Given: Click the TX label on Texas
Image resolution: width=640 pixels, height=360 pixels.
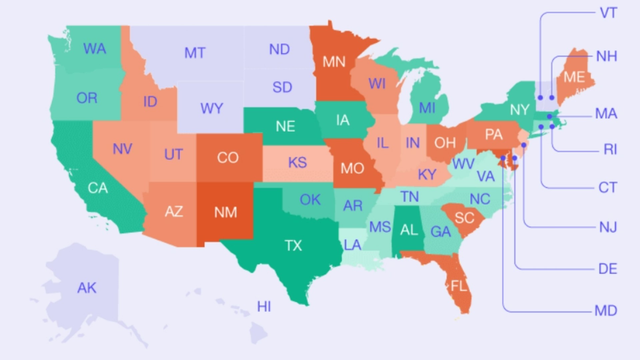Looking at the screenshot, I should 293,246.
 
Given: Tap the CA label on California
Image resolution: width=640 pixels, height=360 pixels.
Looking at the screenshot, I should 98,188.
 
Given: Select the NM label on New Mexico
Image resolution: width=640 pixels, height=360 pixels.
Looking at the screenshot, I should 226,212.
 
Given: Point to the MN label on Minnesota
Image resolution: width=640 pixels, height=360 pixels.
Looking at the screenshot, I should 334,62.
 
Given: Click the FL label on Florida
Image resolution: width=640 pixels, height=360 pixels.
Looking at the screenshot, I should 459,286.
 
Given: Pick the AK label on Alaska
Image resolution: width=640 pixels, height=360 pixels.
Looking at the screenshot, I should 87,288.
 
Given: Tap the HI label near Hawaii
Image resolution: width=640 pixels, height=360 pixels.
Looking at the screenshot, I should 264,306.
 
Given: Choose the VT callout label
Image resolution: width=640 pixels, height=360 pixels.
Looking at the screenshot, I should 608,13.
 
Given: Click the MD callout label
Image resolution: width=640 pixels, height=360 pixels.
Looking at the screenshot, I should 606,311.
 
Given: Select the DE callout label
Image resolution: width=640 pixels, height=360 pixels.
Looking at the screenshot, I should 608,269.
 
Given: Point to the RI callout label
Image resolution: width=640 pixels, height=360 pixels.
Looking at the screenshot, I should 610,150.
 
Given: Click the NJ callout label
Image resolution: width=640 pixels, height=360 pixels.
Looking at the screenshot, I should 608,228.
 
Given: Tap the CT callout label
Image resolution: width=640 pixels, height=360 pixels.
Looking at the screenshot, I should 608,188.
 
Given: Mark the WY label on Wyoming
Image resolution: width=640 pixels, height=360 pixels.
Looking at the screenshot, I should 212,109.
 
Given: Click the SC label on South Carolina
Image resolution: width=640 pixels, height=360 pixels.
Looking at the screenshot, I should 464,218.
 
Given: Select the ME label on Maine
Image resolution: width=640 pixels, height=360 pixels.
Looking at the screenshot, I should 574,77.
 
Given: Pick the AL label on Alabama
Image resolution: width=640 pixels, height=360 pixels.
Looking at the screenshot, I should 409,230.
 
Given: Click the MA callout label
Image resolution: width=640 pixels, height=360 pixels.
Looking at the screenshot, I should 606,114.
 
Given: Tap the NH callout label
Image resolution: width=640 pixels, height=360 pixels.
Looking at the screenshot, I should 607,56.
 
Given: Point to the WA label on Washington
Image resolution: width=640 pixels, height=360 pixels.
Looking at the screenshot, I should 95,49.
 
